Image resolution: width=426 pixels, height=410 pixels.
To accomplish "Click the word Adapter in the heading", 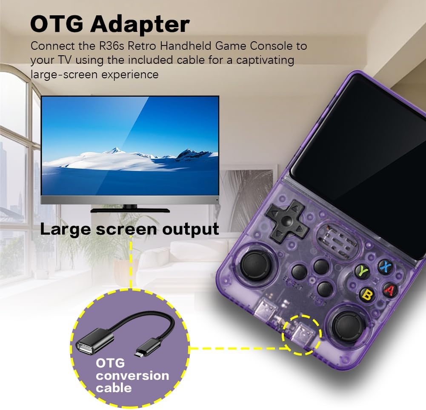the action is pos(140,24).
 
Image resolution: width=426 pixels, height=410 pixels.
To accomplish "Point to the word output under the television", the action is pos(191,229).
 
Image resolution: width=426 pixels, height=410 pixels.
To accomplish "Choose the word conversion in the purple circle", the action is pos(132,376).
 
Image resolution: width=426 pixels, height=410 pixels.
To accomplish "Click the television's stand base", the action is pos(130,210).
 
